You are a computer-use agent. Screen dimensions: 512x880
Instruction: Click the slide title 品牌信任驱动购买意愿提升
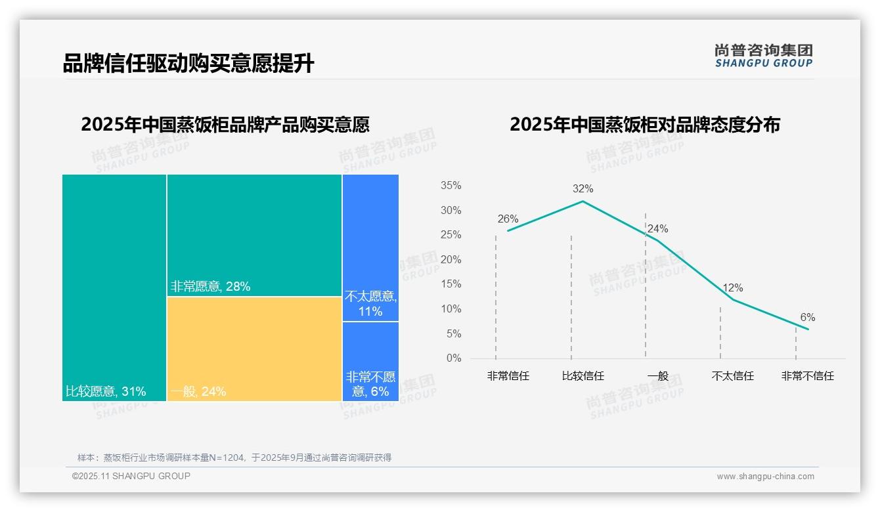[188, 64]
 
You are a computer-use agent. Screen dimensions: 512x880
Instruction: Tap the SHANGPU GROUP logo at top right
[764, 56]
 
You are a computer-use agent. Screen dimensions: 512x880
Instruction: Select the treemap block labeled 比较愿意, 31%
[114, 288]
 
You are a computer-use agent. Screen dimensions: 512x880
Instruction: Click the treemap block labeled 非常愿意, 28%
[254, 235]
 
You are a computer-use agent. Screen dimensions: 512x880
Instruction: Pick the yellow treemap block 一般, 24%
[254, 349]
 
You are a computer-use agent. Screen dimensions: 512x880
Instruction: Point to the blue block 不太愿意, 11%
[370, 247]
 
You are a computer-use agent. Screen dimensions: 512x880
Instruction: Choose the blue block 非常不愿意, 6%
[370, 361]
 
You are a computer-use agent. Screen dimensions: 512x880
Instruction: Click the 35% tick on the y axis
[451, 186]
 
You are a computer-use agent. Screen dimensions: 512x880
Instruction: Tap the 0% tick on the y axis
[454, 358]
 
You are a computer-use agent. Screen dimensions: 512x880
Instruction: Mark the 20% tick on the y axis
[451, 260]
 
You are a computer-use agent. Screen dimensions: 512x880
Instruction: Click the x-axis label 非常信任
[508, 376]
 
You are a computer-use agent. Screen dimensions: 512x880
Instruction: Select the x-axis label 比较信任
[583, 376]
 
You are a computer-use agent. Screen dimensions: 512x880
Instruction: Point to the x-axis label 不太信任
[732, 376]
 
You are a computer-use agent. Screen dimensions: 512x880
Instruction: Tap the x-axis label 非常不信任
[807, 376]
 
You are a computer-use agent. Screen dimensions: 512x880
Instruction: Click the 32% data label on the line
[583, 189]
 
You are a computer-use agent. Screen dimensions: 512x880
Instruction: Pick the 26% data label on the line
[508, 219]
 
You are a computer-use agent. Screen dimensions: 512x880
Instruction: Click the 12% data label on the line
[732, 288]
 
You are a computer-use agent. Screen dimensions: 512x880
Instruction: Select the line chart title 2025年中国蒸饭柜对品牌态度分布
[644, 125]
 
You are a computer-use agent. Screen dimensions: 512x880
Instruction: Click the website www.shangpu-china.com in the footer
[765, 477]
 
